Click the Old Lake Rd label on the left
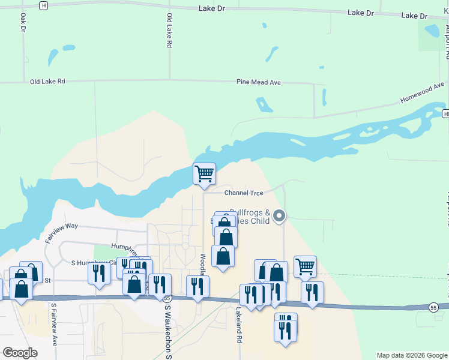click(47, 81)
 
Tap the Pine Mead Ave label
click(258, 82)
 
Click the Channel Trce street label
click(244, 193)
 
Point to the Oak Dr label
click(23, 24)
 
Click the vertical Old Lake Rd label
click(169, 31)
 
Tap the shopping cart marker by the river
click(204, 173)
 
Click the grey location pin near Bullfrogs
click(279, 215)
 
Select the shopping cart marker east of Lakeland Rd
click(305, 266)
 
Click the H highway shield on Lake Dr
click(43, 5)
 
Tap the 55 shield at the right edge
click(433, 307)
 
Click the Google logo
click(20, 353)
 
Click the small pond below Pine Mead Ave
click(263, 104)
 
